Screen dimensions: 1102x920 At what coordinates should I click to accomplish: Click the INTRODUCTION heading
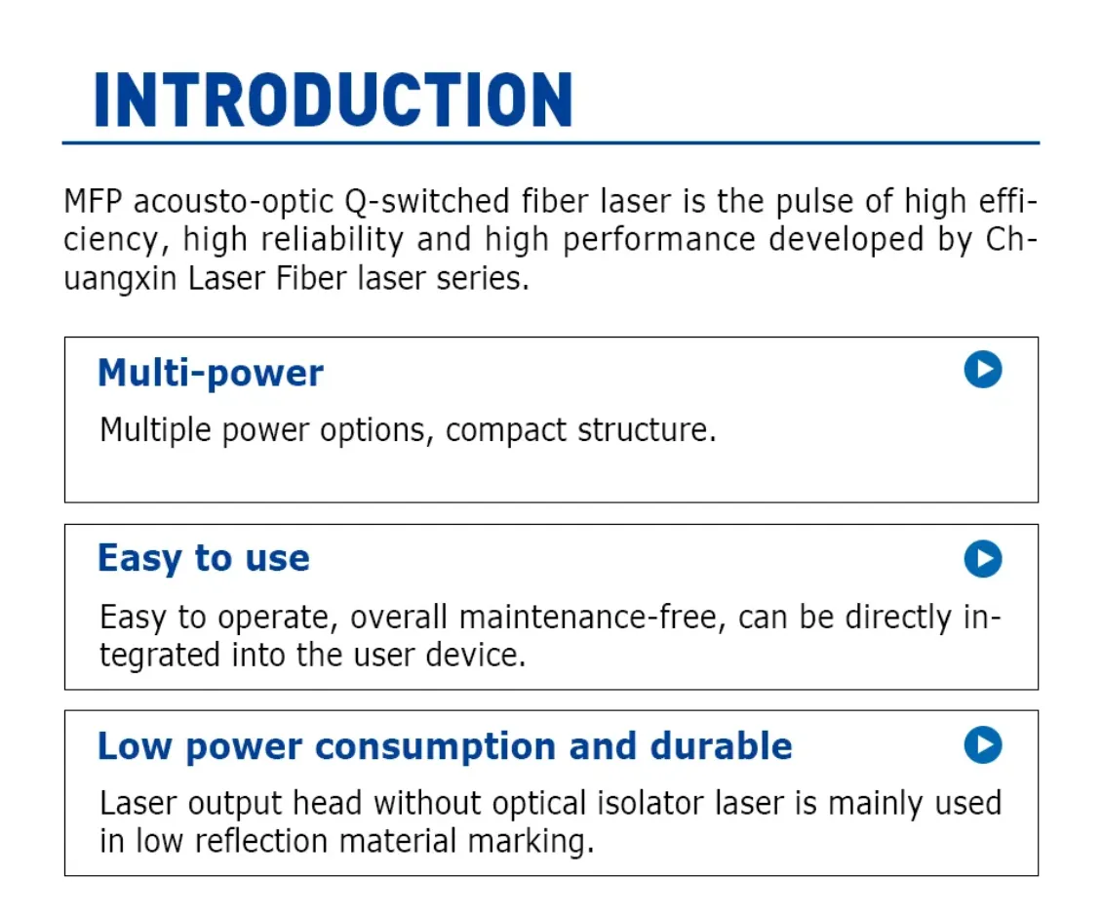click(x=334, y=100)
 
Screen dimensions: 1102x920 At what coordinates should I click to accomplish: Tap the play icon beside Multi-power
click(x=982, y=370)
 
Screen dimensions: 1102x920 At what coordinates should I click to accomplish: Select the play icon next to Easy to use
click(x=982, y=559)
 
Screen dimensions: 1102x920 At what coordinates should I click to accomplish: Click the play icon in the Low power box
click(x=982, y=745)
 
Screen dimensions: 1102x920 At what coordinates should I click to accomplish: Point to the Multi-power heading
click(x=210, y=374)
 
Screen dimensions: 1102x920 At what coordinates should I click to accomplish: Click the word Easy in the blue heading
click(x=139, y=560)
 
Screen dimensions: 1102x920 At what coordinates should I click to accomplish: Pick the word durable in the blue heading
click(x=721, y=745)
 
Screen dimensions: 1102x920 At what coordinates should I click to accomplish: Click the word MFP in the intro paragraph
click(x=93, y=202)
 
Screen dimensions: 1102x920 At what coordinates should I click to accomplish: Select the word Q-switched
click(x=426, y=203)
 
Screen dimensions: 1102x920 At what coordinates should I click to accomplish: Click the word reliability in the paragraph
click(x=332, y=240)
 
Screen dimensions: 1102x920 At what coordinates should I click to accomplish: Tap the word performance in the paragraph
click(x=658, y=241)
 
